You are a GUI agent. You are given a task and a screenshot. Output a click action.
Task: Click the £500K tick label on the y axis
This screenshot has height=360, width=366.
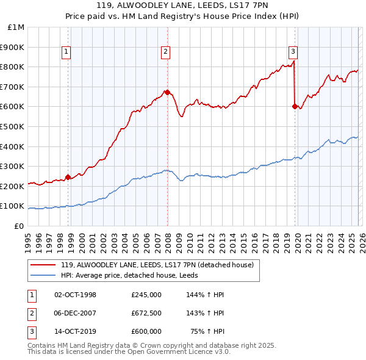pyautogui.click(x=12, y=126)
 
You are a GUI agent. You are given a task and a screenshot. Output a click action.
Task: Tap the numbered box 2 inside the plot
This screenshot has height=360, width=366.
pyautogui.click(x=165, y=52)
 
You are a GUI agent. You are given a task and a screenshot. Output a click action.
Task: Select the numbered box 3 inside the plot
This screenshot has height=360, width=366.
pyautogui.click(x=293, y=52)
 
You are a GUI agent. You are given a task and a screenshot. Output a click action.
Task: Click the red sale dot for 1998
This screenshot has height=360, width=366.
pyautogui.click(x=68, y=177)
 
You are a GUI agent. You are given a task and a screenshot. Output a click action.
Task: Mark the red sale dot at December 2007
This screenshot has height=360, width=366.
pyautogui.click(x=167, y=92)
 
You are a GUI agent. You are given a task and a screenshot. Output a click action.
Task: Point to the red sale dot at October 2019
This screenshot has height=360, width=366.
pyautogui.click(x=295, y=106)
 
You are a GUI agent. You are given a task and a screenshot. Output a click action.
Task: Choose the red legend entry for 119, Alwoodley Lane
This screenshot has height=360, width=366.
pyautogui.click(x=152, y=264)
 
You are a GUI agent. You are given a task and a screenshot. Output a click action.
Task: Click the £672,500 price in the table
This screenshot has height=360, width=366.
pyautogui.click(x=146, y=313)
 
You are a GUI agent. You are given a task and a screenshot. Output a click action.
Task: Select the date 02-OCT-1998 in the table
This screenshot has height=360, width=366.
pyautogui.click(x=75, y=294)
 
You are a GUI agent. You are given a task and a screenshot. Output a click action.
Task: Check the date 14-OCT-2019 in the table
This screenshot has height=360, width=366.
pyautogui.click(x=75, y=332)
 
